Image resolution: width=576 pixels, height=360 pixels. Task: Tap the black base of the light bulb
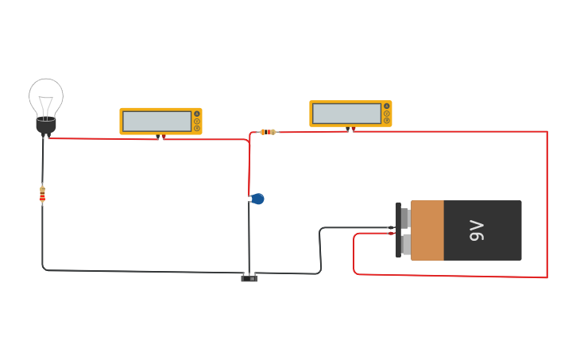(46, 125)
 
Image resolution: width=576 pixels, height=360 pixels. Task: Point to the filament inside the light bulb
(46, 104)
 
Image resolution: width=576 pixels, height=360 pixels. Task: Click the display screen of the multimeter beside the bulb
(157, 121)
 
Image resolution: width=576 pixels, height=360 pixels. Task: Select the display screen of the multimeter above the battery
(346, 114)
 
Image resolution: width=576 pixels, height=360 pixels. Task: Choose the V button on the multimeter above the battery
(387, 113)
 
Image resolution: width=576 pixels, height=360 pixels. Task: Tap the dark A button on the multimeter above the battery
(387, 106)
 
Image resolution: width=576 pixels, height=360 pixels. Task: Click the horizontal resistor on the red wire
(268, 132)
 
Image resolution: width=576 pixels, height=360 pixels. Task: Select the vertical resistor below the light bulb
(42, 193)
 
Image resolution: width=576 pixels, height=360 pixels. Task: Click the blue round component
(257, 199)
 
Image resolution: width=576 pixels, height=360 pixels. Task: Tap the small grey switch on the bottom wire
(249, 277)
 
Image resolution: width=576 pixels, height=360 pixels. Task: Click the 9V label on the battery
(477, 230)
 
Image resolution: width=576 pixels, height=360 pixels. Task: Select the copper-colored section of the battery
(427, 230)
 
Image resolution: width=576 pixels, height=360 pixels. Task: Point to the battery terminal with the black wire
(404, 218)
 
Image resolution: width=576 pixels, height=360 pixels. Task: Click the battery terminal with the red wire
(404, 244)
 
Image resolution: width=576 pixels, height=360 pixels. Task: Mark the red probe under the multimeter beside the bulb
(164, 137)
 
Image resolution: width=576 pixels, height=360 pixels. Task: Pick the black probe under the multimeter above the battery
(346, 129)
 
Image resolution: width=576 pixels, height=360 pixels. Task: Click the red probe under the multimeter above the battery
(353, 130)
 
